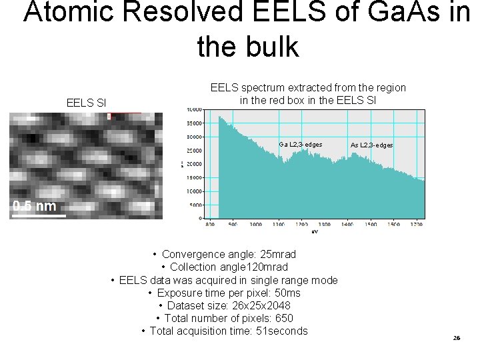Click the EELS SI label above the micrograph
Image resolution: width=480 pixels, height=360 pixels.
(x=87, y=103)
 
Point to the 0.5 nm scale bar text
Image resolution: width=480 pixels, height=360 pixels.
(x=35, y=205)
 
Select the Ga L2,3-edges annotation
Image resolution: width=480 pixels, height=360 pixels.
(x=301, y=145)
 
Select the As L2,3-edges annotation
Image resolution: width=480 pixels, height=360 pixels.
(x=372, y=145)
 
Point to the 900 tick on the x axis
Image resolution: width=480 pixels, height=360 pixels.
(x=232, y=225)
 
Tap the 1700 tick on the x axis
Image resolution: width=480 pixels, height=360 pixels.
(x=416, y=225)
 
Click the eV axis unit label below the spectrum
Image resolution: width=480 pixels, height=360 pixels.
(x=315, y=232)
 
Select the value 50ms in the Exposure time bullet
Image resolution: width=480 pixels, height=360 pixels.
(x=287, y=293)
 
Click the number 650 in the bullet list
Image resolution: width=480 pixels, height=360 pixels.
(x=283, y=318)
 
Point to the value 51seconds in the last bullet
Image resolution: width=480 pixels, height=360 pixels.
(x=278, y=331)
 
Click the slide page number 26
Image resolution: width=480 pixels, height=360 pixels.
(x=456, y=338)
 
